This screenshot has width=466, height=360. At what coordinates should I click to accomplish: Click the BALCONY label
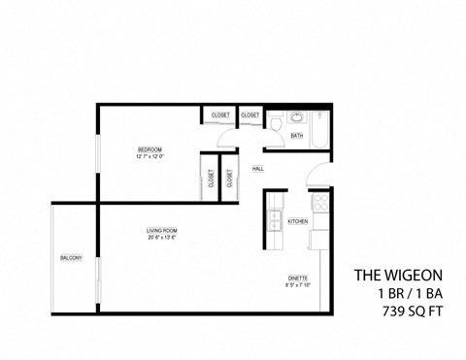(x=70, y=257)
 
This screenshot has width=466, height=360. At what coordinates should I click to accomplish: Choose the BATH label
(x=297, y=136)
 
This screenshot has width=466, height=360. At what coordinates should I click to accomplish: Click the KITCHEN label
(x=298, y=221)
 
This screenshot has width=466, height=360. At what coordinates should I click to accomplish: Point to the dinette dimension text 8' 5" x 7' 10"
(x=298, y=284)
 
